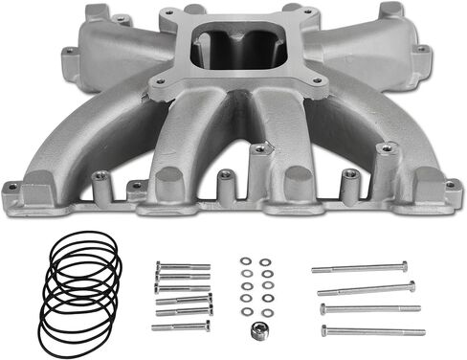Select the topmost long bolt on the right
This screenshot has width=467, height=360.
pyautogui.click(x=359, y=267)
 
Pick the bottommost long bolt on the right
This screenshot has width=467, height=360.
pyautogui.click(x=373, y=331)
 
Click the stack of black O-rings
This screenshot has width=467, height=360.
pyautogui.click(x=80, y=293)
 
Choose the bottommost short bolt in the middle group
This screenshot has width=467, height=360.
pyautogui.click(x=180, y=326)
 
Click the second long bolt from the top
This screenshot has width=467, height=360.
pyautogui.click(x=366, y=288)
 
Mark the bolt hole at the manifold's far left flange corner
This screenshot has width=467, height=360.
pyautogui.click(x=11, y=187)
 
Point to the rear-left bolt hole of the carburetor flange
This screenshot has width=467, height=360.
pyautogui.click(x=168, y=12)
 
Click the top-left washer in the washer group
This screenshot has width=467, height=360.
pyautogui.click(x=245, y=260)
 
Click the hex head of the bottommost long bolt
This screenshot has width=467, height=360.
pyautogui.click(x=324, y=330)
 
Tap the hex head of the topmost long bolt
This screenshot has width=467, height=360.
pyautogui.click(x=404, y=265)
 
